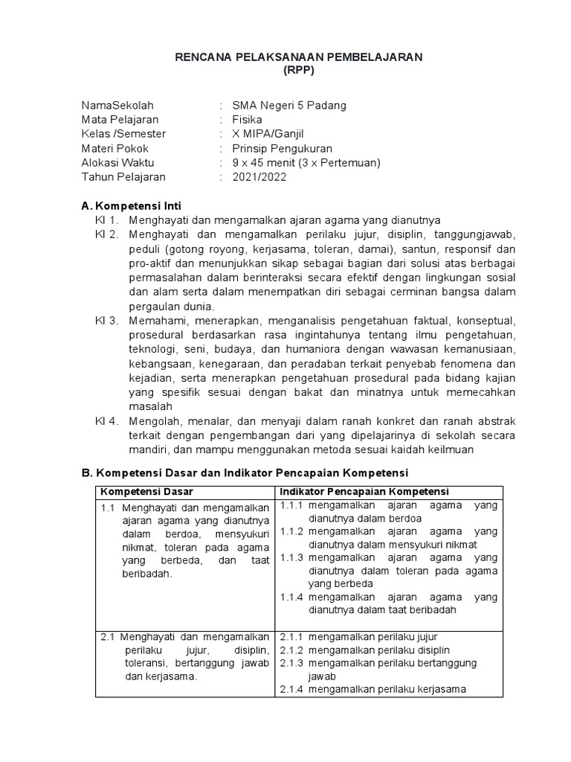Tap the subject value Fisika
(247, 119)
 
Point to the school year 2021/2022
(259, 177)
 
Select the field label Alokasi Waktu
(117, 163)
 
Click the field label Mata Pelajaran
(120, 119)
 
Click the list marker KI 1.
(107, 220)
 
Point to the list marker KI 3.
(107, 321)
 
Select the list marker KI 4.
(107, 421)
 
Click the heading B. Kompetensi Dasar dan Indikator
(245, 473)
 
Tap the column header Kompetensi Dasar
(147, 492)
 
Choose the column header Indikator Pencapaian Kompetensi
(364, 492)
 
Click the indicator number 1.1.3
(293, 557)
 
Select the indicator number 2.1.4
(293, 689)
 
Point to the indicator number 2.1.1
(293, 637)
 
